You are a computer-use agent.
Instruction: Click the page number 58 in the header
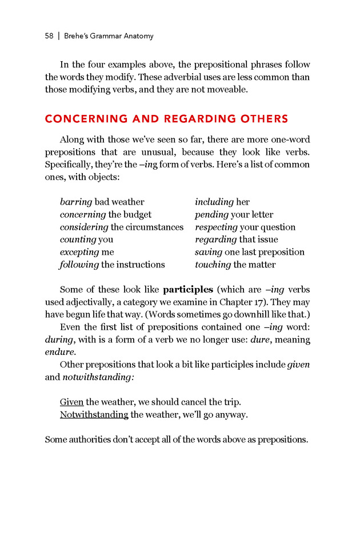click(49, 36)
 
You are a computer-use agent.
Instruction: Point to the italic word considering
click(84, 227)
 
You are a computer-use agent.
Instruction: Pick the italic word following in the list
click(79, 265)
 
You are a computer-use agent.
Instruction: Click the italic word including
click(214, 202)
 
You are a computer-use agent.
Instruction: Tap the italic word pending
click(211, 214)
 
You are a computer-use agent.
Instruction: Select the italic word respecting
click(216, 227)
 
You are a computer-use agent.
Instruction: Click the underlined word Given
click(71, 402)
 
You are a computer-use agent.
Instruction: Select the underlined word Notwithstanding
click(94, 415)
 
